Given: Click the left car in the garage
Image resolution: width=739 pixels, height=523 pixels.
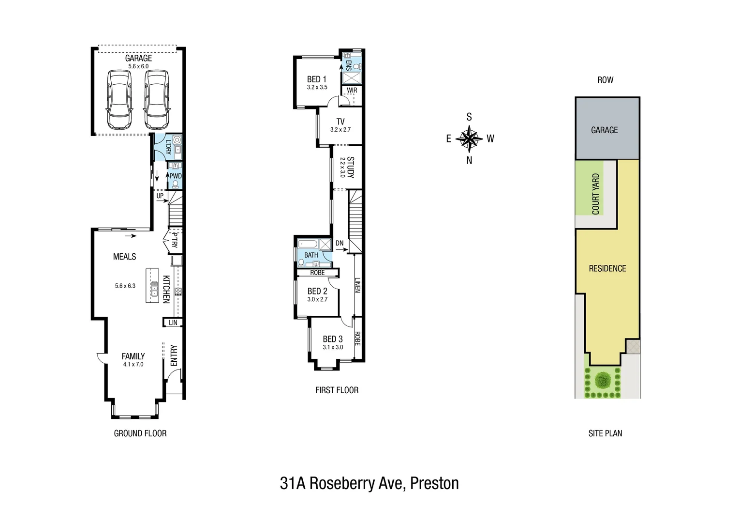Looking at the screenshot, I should click(x=119, y=99).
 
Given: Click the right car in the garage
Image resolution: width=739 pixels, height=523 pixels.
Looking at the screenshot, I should click(x=156, y=99).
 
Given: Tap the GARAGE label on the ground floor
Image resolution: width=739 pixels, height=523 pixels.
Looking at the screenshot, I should click(x=138, y=58).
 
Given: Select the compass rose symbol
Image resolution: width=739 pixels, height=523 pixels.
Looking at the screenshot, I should click(x=469, y=138).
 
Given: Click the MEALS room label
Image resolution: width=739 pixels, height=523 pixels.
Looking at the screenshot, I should click(x=124, y=257).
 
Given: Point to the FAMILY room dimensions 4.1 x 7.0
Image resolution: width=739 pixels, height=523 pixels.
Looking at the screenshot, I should click(x=133, y=364).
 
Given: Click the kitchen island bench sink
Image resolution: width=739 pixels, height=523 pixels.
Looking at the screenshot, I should click(x=154, y=289).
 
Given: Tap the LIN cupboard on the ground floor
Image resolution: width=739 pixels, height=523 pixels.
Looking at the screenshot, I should click(x=173, y=323).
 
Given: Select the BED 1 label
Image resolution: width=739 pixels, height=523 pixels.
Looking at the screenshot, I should click(x=317, y=79).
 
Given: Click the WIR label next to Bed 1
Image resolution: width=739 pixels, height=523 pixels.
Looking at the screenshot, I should click(x=352, y=91).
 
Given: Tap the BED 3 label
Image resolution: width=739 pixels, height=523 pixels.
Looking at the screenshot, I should click(x=333, y=339).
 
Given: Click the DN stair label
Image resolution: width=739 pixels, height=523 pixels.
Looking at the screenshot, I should click(x=340, y=243).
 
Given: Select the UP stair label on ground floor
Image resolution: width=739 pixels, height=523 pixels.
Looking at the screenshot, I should click(x=160, y=196).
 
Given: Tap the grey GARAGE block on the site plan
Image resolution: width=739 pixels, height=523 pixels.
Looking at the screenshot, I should click(x=605, y=130).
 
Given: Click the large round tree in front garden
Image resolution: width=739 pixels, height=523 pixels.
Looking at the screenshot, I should click(x=603, y=381).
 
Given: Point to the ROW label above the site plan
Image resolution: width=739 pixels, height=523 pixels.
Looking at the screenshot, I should click(x=605, y=80).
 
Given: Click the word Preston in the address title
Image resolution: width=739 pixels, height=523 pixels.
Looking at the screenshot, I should click(x=434, y=483).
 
